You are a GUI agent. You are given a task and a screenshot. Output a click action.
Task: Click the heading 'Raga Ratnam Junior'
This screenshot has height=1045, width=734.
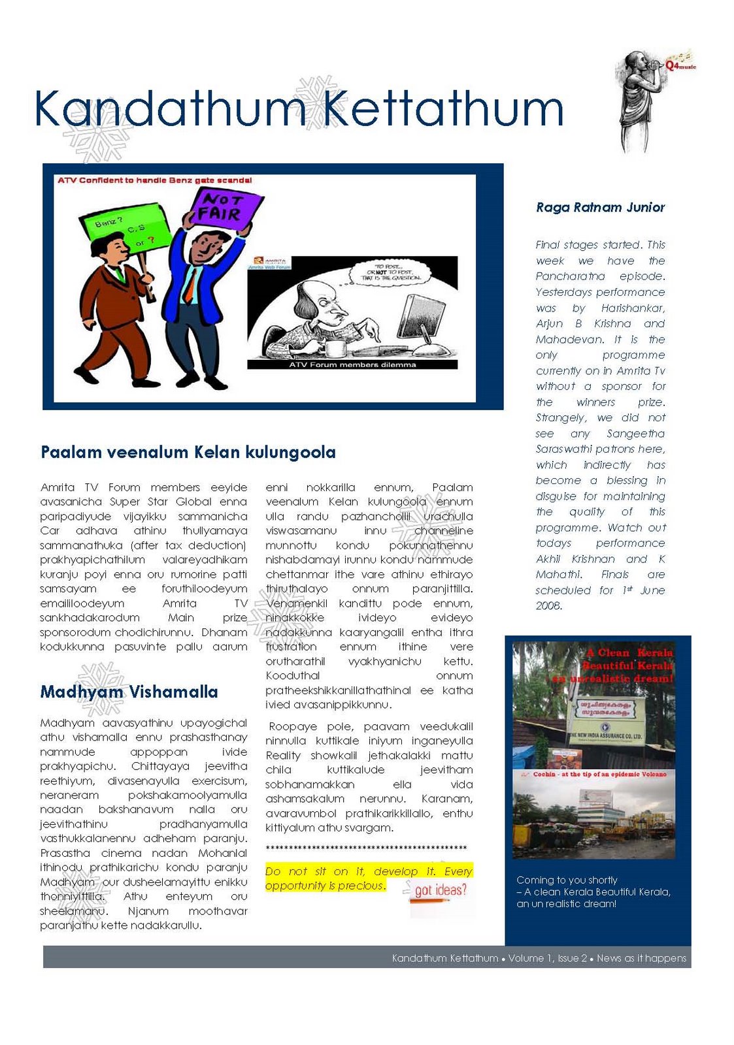[600, 208]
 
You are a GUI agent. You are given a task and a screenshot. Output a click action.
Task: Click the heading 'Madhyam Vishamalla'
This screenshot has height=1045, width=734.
[129, 692]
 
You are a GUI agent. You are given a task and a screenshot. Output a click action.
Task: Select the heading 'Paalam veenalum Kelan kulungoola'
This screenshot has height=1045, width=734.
[188, 452]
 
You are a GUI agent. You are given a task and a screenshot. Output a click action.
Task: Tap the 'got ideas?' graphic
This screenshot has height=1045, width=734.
[441, 891]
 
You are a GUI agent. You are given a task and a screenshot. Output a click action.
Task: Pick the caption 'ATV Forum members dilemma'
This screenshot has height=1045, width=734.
[352, 364]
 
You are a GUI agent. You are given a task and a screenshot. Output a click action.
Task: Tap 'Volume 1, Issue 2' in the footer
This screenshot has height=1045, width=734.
[547, 958]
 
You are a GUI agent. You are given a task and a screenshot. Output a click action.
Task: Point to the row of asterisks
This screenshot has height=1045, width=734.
[366, 848]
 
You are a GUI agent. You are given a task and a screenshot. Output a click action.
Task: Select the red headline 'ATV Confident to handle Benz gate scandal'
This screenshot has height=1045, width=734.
[154, 180]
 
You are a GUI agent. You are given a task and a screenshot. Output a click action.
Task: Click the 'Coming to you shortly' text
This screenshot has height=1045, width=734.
[567, 880]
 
